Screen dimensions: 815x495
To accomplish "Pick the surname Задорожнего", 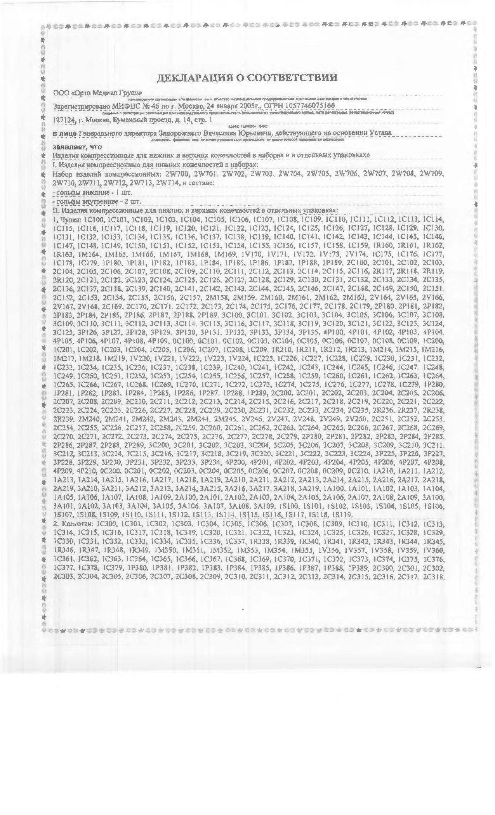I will point(181,133).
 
